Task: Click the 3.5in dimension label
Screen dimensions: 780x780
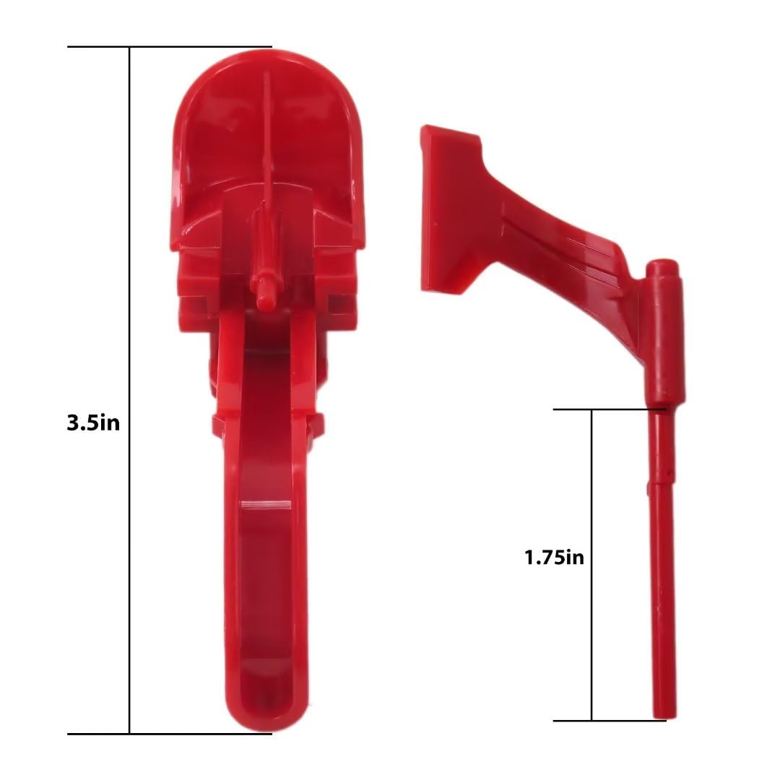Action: coord(93,422)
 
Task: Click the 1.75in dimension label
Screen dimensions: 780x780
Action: coord(554,557)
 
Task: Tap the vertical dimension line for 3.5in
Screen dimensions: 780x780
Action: coord(130,289)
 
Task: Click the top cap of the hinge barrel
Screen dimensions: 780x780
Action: coord(662,268)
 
